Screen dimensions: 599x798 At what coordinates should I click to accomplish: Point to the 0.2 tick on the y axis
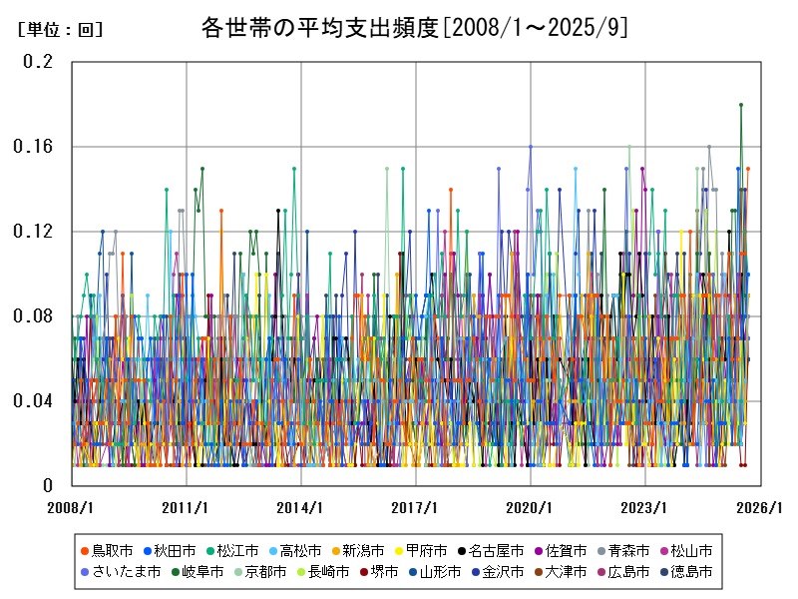tap(38, 61)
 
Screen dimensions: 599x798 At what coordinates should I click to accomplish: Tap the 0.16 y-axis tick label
tap(33, 146)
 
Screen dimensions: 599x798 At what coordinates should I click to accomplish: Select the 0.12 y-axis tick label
tap(33, 232)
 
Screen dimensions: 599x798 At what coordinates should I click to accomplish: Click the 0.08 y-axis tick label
tap(33, 316)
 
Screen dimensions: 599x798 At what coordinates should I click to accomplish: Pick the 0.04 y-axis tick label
tap(33, 401)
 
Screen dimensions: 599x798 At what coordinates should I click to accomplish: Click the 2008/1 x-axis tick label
tap(71, 507)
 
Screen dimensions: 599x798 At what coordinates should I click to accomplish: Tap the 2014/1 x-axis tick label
tap(300, 507)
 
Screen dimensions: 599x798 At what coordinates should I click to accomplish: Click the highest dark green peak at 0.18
tap(741, 104)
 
